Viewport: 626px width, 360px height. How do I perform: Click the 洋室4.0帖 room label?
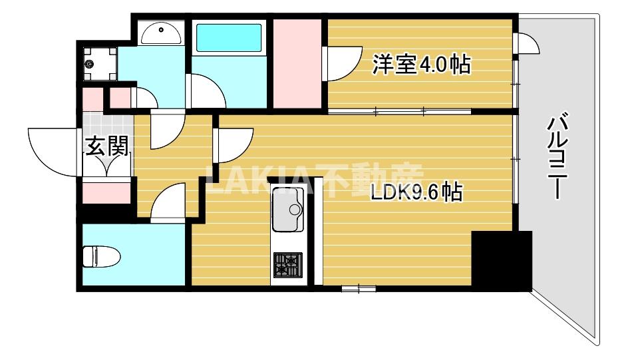pos(421,65)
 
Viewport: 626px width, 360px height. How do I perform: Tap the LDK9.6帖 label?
pos(416,192)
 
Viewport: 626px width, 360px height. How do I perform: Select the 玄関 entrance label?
pos(106,146)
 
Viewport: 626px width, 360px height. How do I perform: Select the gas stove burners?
pos(287,264)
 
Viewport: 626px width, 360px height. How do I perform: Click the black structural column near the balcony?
pos(501,260)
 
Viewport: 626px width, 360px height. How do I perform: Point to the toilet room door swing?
pos(169,202)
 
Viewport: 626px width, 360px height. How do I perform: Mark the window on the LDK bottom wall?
pos(359,288)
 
